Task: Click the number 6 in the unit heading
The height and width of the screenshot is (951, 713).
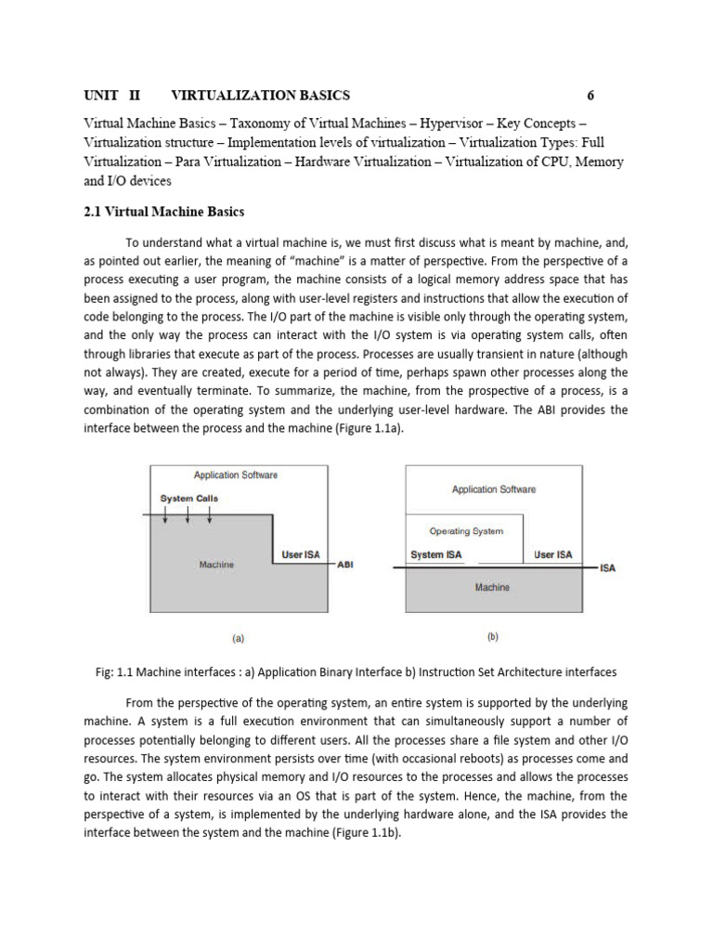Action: click(x=590, y=96)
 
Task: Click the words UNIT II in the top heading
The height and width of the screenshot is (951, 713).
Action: click(x=110, y=96)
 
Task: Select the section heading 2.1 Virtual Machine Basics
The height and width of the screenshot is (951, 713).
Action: click(x=163, y=212)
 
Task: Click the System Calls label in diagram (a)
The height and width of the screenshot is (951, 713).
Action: click(x=189, y=499)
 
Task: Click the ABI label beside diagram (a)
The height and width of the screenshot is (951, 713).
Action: click(x=344, y=564)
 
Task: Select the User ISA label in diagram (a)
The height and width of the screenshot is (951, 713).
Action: click(x=301, y=554)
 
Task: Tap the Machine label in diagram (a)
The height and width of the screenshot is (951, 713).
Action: click(x=216, y=564)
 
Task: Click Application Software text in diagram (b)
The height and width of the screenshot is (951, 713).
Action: click(x=493, y=489)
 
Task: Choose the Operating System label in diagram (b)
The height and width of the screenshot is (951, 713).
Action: click(x=466, y=531)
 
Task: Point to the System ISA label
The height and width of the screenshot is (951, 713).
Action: click(x=435, y=554)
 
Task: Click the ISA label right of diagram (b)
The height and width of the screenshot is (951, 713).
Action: click(x=608, y=568)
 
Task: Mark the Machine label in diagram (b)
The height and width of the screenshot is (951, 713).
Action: click(x=492, y=587)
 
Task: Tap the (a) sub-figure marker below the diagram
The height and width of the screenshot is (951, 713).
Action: click(x=238, y=639)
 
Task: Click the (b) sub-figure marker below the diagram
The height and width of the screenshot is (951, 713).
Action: click(x=492, y=637)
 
